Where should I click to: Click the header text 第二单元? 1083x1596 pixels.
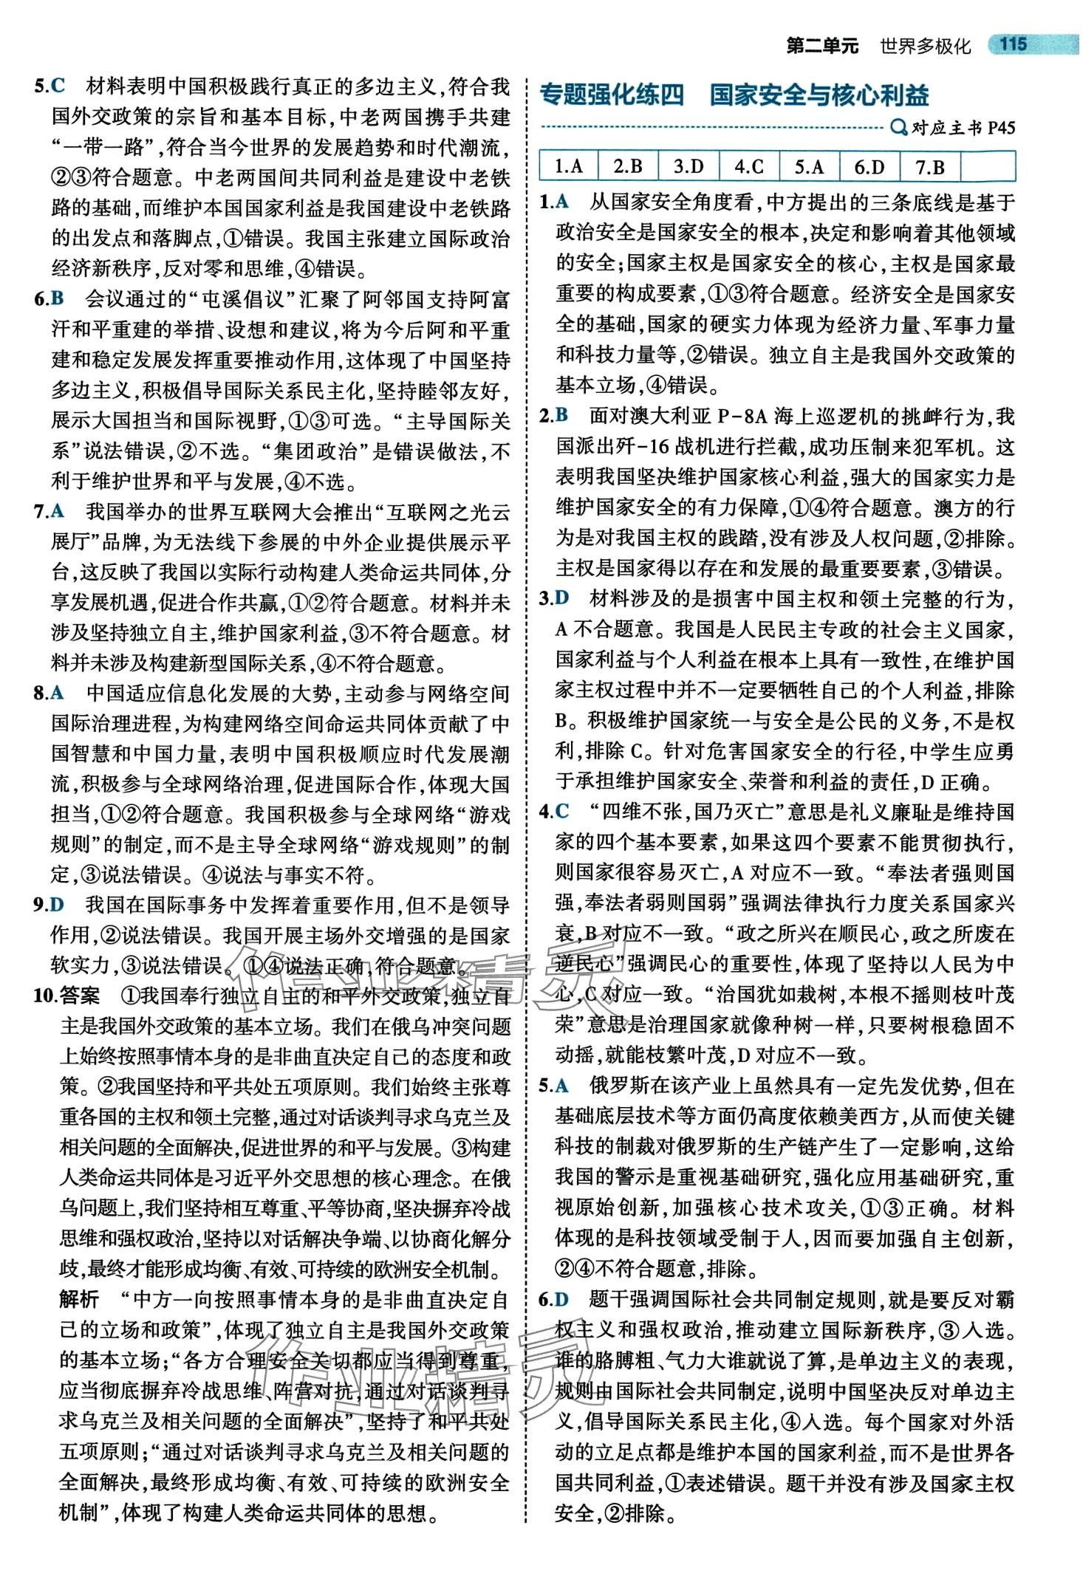[x=822, y=46]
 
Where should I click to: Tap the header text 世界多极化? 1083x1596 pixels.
[x=925, y=46]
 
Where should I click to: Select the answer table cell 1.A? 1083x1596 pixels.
[x=568, y=166]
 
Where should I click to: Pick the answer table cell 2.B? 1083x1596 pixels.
[x=628, y=166]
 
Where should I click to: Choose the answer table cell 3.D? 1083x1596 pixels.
[x=689, y=166]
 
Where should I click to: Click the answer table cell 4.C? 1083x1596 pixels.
[x=748, y=166]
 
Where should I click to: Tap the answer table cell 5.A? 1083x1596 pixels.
[x=809, y=166]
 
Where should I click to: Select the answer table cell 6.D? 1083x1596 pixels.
[x=870, y=166]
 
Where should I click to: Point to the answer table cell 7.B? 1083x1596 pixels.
[x=930, y=166]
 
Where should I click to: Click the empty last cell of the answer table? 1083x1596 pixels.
[x=988, y=166]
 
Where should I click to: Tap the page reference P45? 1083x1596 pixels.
[x=1000, y=129]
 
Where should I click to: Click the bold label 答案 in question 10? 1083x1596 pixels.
[x=79, y=996]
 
